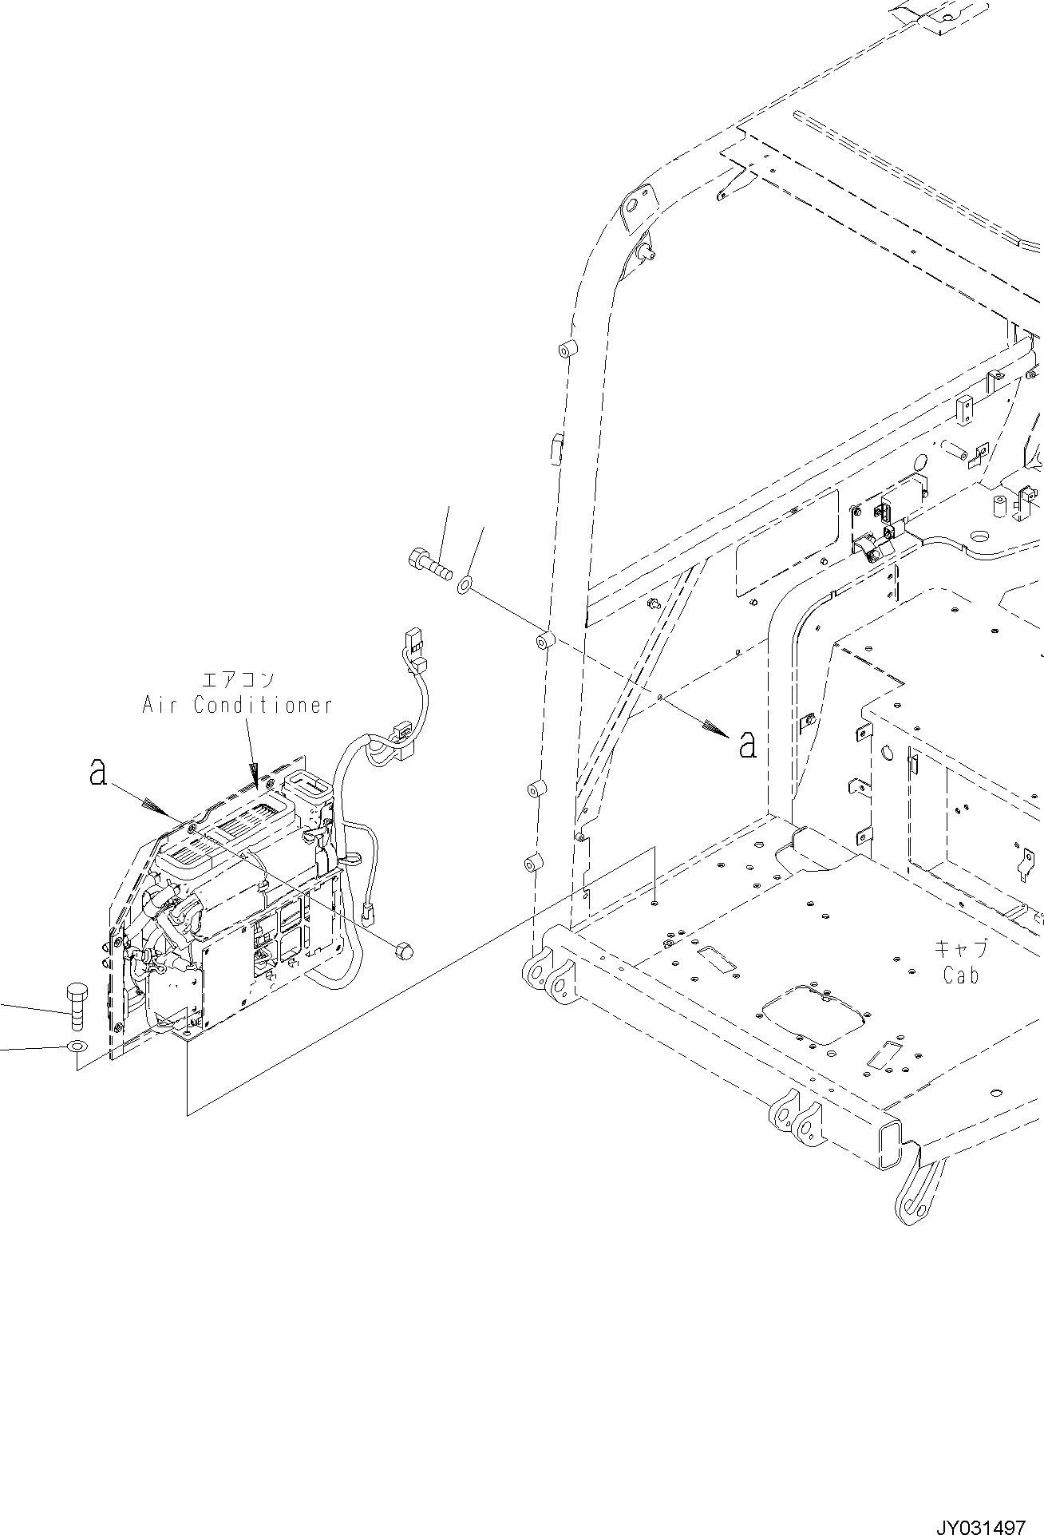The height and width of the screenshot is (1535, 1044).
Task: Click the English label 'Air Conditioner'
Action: pyautogui.click(x=236, y=705)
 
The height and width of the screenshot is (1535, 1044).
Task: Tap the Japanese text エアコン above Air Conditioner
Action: pyautogui.click(x=238, y=679)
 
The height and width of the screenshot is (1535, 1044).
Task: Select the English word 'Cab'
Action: pyautogui.click(x=960, y=975)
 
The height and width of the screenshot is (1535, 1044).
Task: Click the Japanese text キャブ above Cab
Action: pyautogui.click(x=961, y=950)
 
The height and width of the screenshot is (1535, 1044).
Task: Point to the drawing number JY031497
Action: pyautogui.click(x=981, y=1521)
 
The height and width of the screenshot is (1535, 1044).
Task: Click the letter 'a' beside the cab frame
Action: pyautogui.click(x=747, y=744)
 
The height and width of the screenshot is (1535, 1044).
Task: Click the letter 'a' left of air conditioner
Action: pyautogui.click(x=98, y=771)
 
